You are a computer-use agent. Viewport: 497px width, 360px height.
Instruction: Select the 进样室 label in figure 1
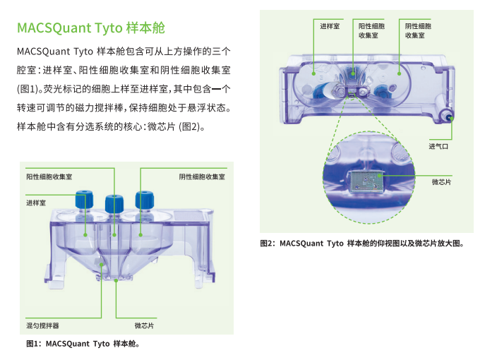pyautogui.click(x=36, y=203)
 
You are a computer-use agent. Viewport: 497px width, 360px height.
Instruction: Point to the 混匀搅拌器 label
pyautogui.click(x=42, y=325)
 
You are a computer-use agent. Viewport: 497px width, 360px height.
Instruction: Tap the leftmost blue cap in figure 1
pyautogui.click(x=85, y=198)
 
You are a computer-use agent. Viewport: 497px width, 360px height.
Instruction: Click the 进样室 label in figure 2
pyautogui.click(x=330, y=26)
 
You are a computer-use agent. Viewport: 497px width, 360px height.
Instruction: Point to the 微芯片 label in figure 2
pyautogui.click(x=441, y=181)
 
